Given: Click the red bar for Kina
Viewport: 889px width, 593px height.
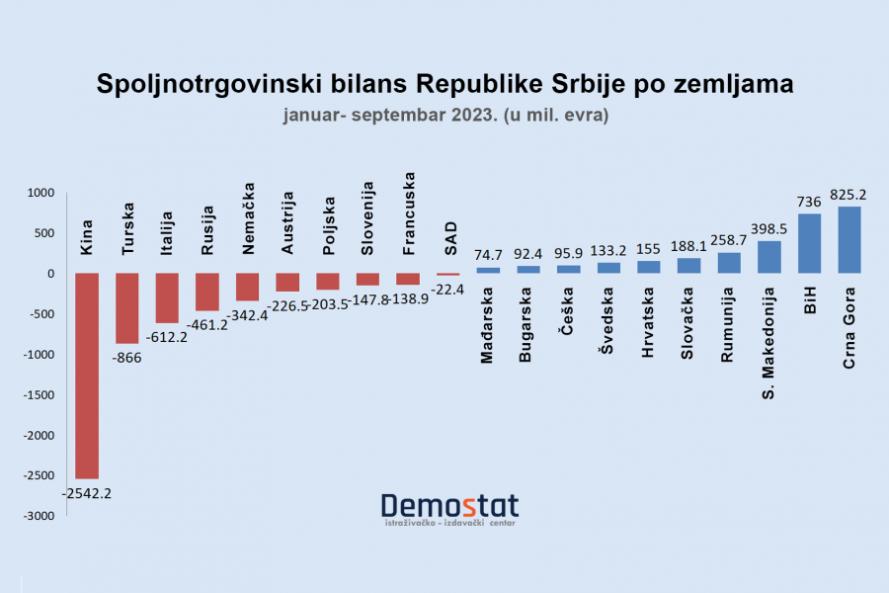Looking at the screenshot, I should click(x=87, y=376).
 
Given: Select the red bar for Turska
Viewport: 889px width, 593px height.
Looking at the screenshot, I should click(x=127, y=308).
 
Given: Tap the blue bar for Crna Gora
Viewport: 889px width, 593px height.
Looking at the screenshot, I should click(x=849, y=240).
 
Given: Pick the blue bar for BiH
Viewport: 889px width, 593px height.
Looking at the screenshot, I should click(x=809, y=244).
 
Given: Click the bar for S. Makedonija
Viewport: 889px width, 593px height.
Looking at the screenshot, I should click(x=768, y=257).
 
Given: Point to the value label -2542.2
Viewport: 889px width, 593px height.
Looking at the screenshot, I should click(x=86, y=492).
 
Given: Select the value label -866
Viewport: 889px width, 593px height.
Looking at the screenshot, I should click(x=127, y=357).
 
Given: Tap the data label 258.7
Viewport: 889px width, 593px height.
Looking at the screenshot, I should click(x=729, y=240).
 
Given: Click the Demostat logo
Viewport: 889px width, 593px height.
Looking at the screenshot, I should click(x=449, y=508).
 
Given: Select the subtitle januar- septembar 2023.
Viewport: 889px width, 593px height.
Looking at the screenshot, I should click(x=390, y=116).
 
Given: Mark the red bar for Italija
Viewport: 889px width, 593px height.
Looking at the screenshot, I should click(x=167, y=298).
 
